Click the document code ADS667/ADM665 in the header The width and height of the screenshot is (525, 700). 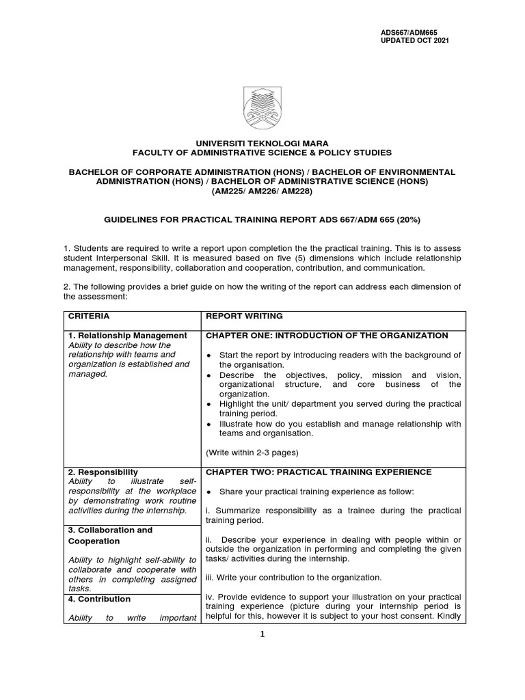click(x=408, y=32)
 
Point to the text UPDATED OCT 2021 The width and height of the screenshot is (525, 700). click(x=415, y=40)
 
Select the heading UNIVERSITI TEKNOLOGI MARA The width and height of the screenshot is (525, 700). click(x=262, y=144)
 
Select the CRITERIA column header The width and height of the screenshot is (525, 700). click(x=88, y=317)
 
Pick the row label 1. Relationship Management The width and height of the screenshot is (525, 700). click(x=127, y=336)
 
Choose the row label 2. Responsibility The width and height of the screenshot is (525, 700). click(x=103, y=472)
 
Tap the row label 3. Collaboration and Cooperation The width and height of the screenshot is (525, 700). click(x=109, y=535)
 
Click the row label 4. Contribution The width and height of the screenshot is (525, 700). click(x=99, y=599)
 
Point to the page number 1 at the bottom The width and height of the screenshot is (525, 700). click(x=262, y=634)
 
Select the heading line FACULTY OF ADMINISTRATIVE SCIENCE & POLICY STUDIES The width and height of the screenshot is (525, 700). click(x=262, y=153)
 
